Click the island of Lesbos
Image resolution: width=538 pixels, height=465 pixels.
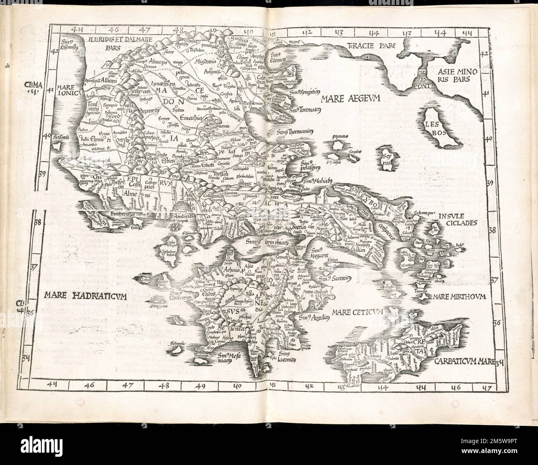[x=440, y=126]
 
